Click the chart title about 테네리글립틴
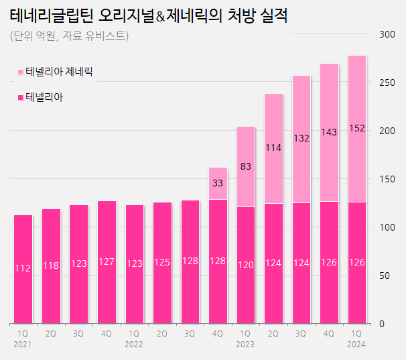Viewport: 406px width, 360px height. coord(149,15)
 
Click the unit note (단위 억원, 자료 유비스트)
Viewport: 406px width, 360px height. coord(70,36)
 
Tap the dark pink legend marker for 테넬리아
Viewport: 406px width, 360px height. coord(21,99)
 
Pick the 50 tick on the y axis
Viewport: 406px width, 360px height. coord(386,276)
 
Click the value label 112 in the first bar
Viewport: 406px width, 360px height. coord(23,268)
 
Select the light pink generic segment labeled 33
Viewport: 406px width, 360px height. coord(218,183)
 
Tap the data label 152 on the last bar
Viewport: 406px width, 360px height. coord(357,128)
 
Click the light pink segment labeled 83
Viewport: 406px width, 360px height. coord(246,166)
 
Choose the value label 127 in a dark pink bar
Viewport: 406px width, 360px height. coord(107,262)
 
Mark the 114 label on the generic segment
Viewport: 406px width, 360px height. coord(273,147)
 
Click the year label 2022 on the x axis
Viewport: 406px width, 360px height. coord(134,344)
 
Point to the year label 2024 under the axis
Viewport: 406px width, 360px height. coord(357,344)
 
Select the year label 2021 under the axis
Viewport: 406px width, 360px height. coord(23,344)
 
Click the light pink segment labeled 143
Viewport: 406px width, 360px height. coord(330,133)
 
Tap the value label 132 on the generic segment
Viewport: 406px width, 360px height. coord(301,138)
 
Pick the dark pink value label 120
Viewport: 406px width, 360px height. coord(246,265)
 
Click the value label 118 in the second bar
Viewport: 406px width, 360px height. coord(51,265)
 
